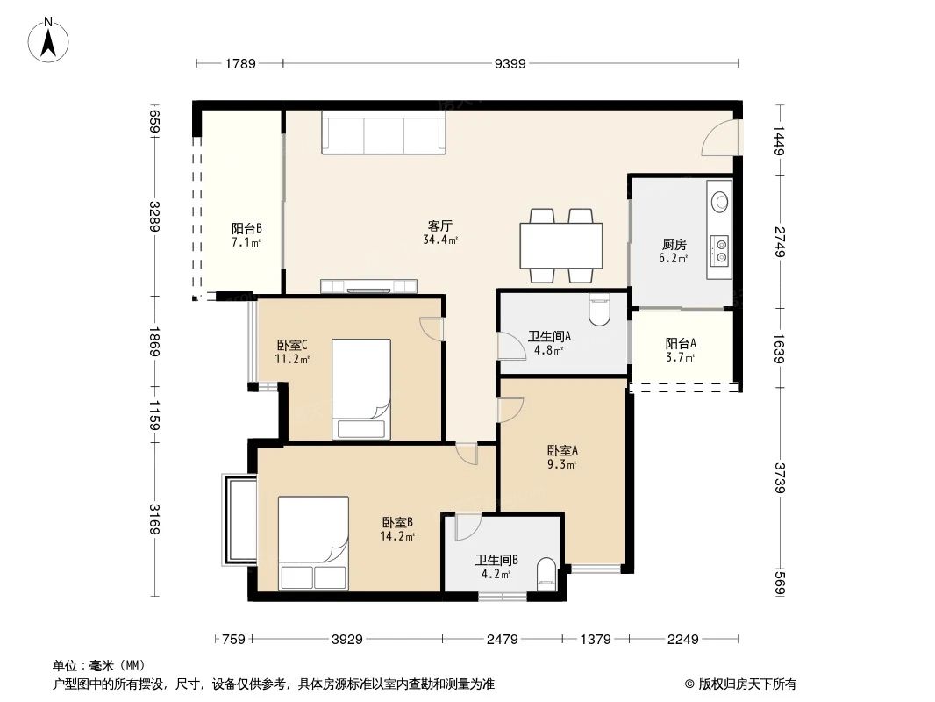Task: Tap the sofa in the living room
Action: [x=383, y=133]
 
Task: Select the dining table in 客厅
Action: [x=561, y=246]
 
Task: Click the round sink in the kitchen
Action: [x=719, y=201]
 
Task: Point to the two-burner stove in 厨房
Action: [x=719, y=249]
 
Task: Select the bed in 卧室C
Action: [x=360, y=389]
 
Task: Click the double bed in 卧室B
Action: [x=313, y=543]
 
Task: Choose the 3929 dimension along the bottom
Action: [x=347, y=640]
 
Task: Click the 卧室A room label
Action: [x=562, y=452]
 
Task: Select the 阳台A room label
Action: [x=681, y=344]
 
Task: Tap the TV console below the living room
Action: [x=368, y=285]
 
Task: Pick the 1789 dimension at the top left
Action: [x=239, y=63]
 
